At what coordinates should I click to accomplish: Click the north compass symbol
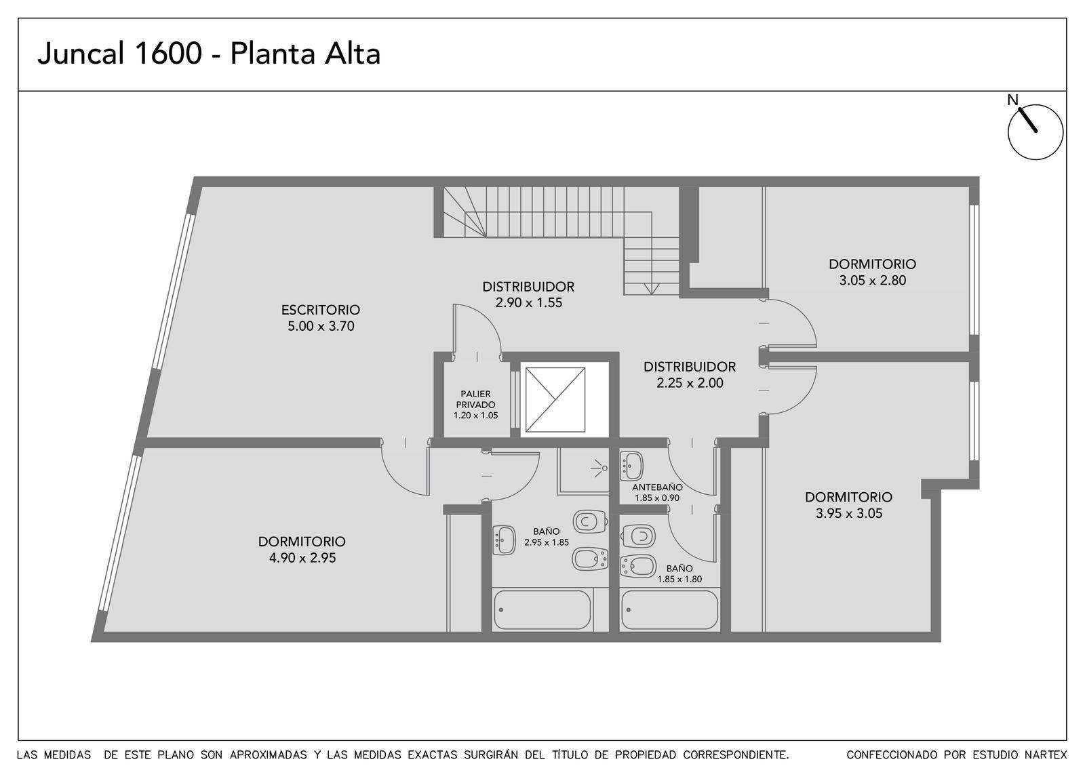coord(1035,132)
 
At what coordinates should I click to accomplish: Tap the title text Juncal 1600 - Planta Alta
coord(209,54)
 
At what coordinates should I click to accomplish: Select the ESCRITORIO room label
coord(321,309)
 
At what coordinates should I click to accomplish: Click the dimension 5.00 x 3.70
coord(321,326)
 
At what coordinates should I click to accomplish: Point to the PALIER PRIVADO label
coord(475,399)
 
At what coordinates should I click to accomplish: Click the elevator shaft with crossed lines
coord(555,399)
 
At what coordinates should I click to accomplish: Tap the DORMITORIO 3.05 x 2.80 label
coord(872,272)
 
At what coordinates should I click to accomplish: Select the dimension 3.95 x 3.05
coord(849,513)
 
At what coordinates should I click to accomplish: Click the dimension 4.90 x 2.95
coord(302,558)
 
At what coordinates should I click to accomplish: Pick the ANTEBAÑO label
coord(657,487)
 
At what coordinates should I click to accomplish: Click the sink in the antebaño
coord(631,466)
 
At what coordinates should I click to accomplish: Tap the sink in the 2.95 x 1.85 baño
coord(504,540)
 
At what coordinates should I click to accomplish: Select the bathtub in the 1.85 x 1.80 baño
coord(669,609)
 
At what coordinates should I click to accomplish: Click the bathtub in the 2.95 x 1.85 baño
coord(542,609)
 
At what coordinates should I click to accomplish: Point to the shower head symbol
coord(599,468)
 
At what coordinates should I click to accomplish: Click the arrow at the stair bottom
coord(652,289)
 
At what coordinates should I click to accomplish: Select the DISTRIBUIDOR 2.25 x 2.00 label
coord(689,375)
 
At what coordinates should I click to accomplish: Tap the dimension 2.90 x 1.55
coord(528,302)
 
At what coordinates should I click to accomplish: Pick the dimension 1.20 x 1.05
coord(475,416)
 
